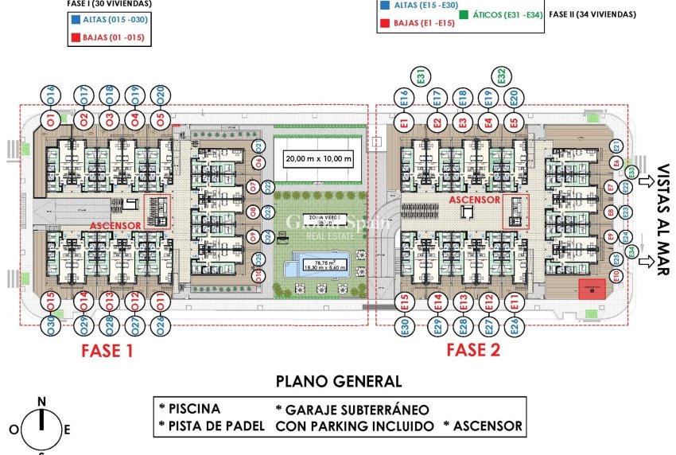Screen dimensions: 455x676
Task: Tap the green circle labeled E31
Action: pyautogui.click(x=421, y=76)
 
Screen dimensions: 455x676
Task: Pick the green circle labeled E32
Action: pyautogui.click(x=501, y=76)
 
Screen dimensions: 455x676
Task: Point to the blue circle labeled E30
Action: pyautogui.click(x=405, y=327)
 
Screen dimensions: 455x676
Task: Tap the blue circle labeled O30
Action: pyautogui.click(x=49, y=326)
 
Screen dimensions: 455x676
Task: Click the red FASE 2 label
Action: pyautogui.click(x=473, y=351)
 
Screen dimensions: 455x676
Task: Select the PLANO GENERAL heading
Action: pyautogui.click(x=338, y=381)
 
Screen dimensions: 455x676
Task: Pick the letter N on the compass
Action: pyautogui.click(x=42, y=401)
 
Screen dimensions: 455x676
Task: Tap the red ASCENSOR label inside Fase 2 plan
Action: pyautogui.click(x=474, y=200)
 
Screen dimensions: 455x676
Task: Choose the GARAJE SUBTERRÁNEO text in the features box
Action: pyautogui.click(x=352, y=409)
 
